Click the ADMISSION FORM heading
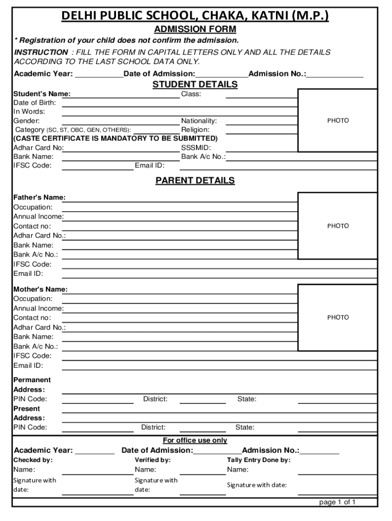click(x=195, y=30)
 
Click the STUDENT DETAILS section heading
click(x=195, y=84)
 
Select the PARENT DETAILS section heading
click(x=195, y=181)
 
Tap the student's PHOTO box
click(x=338, y=121)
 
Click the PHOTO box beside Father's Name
click(x=338, y=226)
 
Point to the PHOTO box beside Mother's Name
click(x=338, y=317)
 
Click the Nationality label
click(x=199, y=121)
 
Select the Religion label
click(x=195, y=130)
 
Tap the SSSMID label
click(x=196, y=148)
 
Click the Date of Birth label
click(x=35, y=103)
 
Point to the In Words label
click(x=29, y=111)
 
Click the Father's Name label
click(x=39, y=197)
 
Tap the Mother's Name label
click(x=40, y=290)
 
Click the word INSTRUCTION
click(x=41, y=52)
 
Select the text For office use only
click(x=195, y=440)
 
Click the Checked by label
click(x=33, y=460)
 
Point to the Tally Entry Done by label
click(x=259, y=460)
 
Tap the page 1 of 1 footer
click(x=337, y=502)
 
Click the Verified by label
click(x=153, y=460)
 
